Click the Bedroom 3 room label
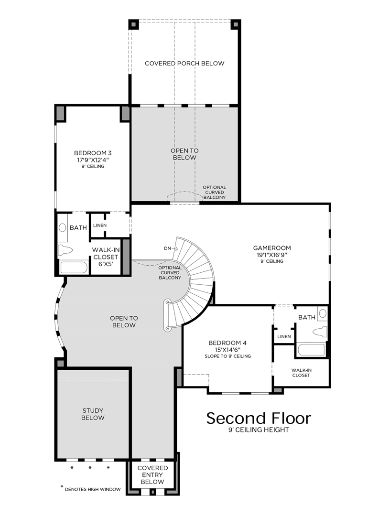pos(93,153)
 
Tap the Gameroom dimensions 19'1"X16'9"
pos(272,255)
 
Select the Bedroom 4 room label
pos(227,343)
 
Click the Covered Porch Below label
pos(184,63)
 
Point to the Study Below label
pos(93,414)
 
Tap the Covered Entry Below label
pos(152,475)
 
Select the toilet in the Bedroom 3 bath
pos(65,250)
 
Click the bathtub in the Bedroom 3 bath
pos(74,267)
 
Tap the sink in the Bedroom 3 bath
pos(62,227)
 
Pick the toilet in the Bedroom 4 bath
pos(319,332)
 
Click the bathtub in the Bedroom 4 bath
pos(311,349)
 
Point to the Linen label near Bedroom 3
pos(100,226)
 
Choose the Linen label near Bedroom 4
pos(284,336)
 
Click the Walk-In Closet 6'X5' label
pos(106,257)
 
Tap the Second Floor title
pos(259,418)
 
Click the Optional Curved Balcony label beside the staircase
pos(170,273)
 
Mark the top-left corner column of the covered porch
pos(134,25)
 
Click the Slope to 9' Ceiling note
pos(228,356)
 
